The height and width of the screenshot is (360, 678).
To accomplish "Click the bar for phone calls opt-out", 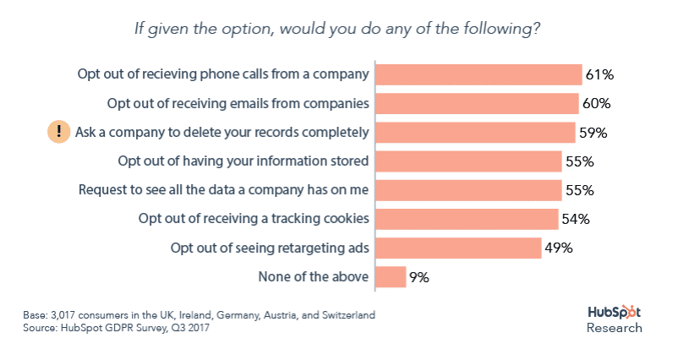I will (x=478, y=74).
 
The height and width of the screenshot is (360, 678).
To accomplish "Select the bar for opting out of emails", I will (x=477, y=104).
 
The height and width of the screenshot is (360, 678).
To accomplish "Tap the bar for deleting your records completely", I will (x=475, y=133).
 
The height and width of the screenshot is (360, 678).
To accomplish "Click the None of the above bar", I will (x=391, y=276).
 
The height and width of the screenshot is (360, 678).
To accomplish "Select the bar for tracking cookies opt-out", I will (x=467, y=219).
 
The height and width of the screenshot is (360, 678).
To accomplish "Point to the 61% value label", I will (x=599, y=75).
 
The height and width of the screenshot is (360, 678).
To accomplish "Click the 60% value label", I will (x=596, y=104).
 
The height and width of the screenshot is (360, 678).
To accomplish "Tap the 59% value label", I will (x=593, y=133).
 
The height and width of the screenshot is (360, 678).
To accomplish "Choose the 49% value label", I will (x=559, y=248).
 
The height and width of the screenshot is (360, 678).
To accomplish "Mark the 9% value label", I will (x=420, y=277).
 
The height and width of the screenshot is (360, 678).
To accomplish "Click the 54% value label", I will (x=575, y=220).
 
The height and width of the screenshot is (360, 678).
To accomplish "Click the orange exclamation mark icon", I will (x=58, y=132).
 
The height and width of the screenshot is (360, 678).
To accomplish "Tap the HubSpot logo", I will (x=615, y=313).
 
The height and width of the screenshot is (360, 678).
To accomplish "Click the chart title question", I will (x=338, y=28).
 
